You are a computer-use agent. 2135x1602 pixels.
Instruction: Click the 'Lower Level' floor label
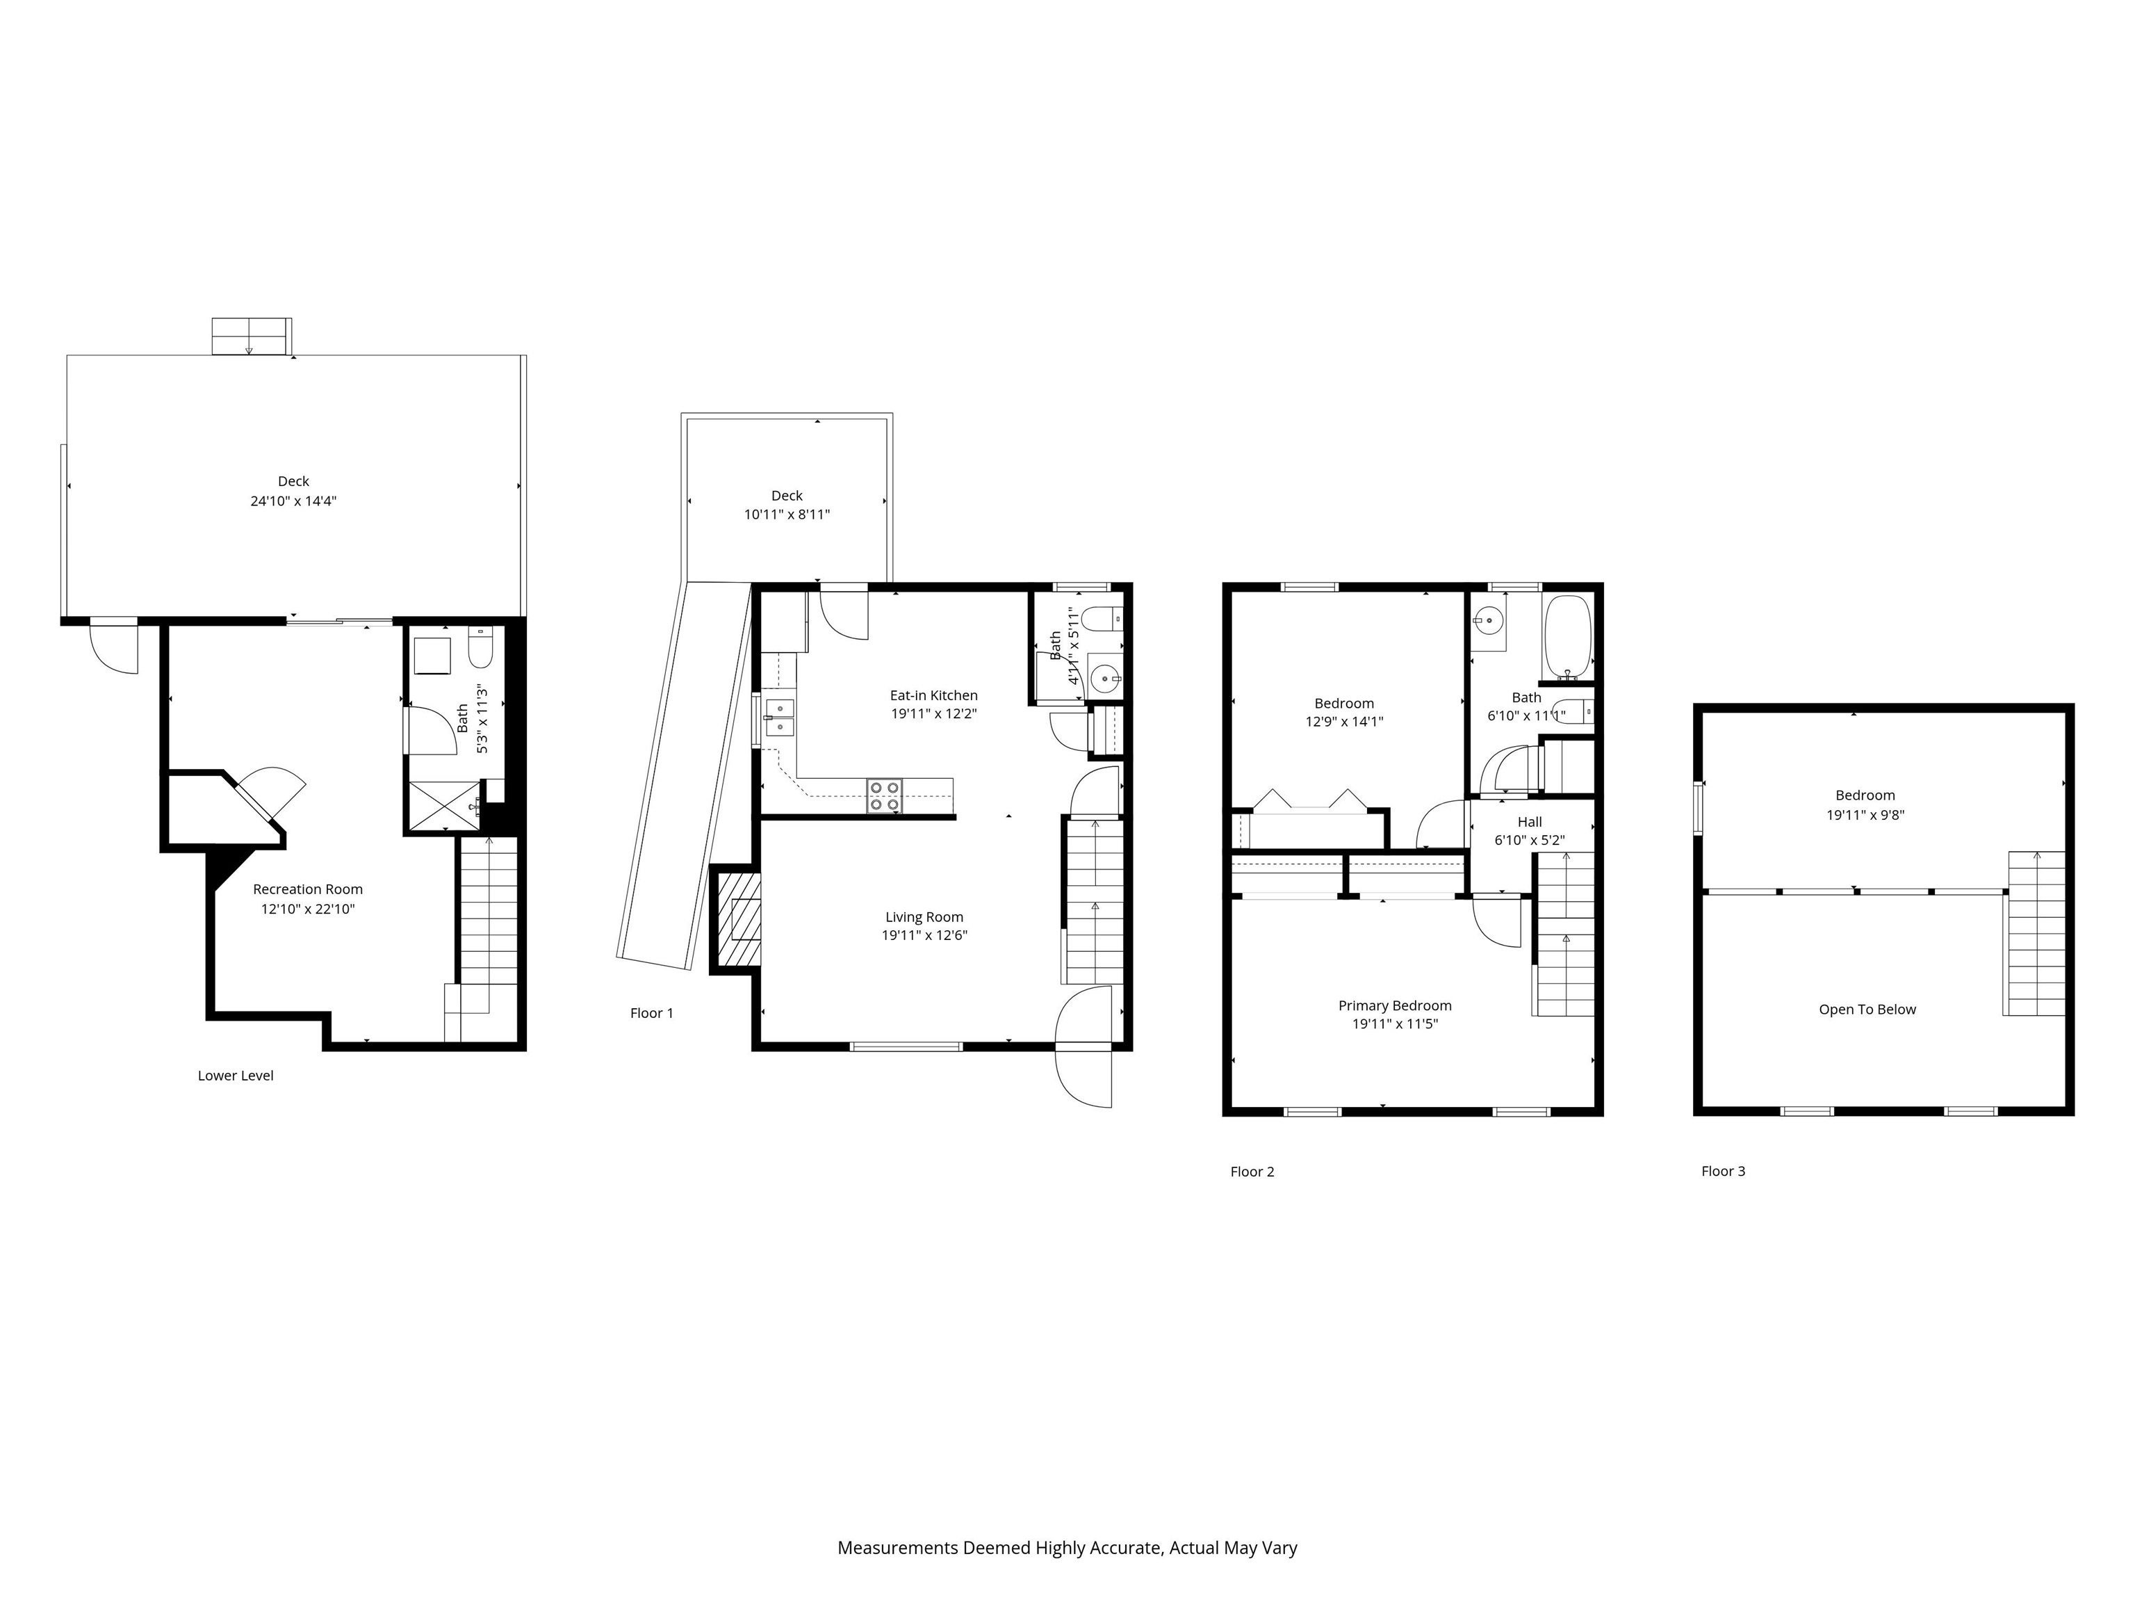click(236, 1076)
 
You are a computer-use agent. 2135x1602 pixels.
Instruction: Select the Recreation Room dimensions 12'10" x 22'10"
click(308, 909)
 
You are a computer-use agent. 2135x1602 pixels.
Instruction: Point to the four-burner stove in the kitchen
click(884, 795)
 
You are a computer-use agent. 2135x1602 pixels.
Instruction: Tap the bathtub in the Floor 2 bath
click(1567, 638)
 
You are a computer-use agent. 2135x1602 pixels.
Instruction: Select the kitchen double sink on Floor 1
click(779, 718)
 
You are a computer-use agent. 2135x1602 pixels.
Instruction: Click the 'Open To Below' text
click(1867, 1009)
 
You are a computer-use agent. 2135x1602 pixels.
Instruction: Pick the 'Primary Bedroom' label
click(1395, 1005)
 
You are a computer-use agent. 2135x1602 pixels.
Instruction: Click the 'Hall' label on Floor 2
click(1529, 822)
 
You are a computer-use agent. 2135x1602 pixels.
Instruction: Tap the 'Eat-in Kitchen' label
click(933, 695)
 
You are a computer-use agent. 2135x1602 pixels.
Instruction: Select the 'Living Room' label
click(924, 917)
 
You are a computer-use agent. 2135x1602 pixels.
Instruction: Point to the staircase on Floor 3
click(2035, 933)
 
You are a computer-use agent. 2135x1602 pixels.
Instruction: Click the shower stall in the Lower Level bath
click(444, 805)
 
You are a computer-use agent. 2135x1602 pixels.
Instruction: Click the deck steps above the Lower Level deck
click(251, 336)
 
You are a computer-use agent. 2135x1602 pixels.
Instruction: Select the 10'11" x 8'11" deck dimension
click(787, 515)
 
